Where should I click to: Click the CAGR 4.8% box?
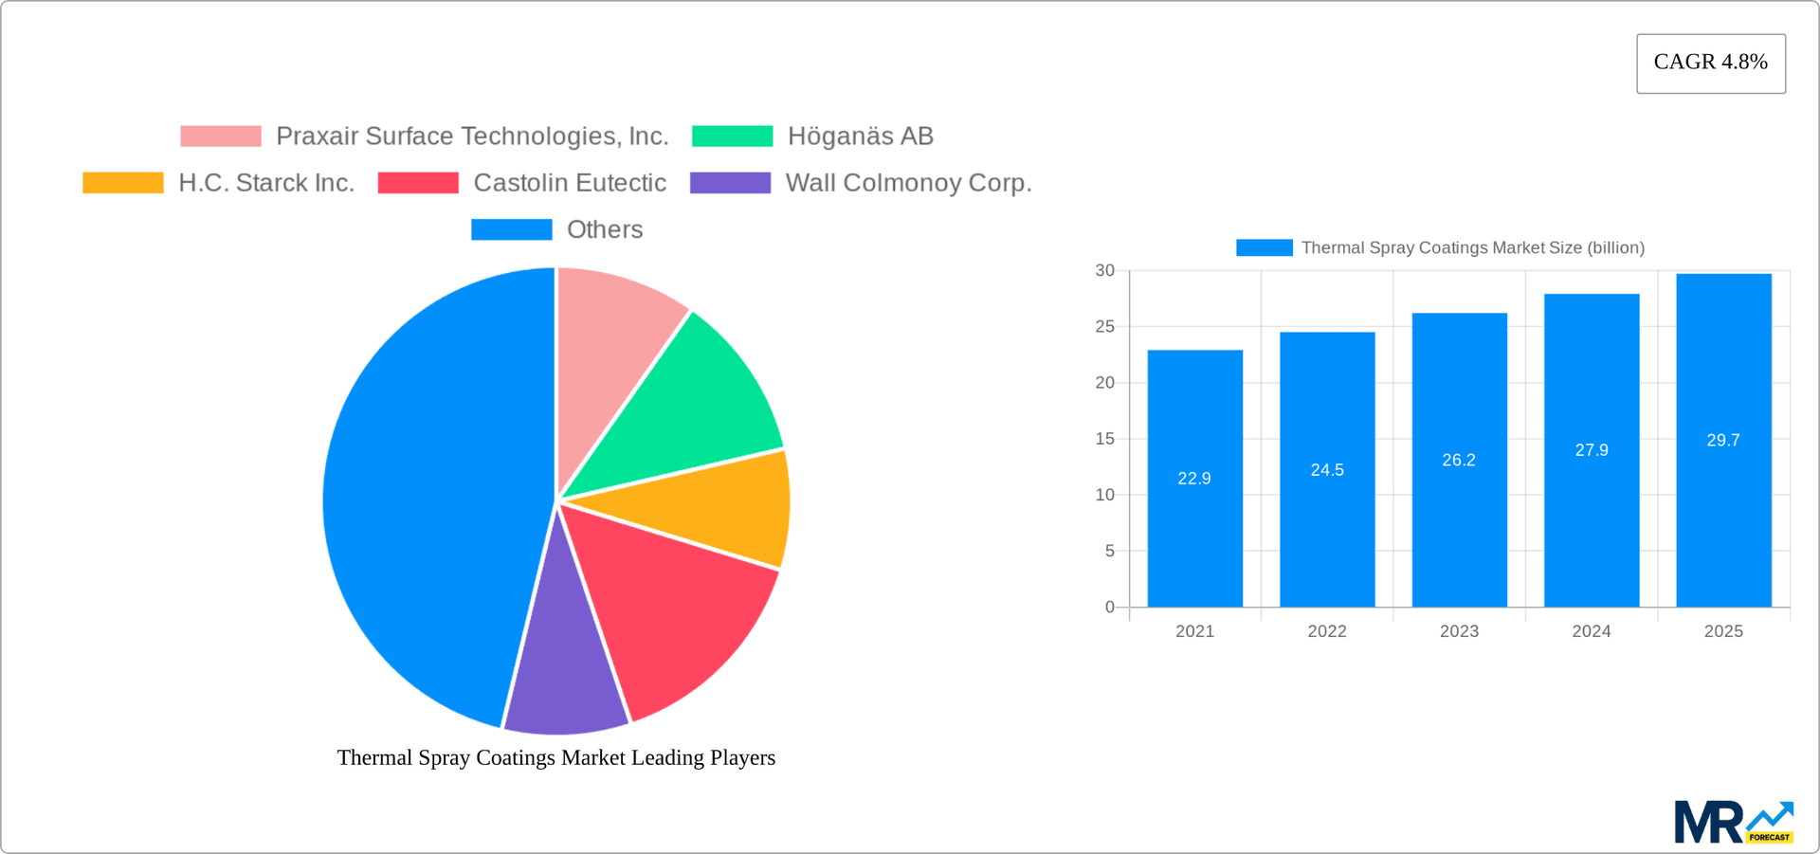[x=1710, y=64]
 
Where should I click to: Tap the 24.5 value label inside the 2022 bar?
[x=1327, y=470]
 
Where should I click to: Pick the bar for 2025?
[x=1723, y=531]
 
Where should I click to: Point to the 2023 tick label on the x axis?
[x=1459, y=631]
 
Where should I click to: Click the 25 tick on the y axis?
[x=1105, y=327]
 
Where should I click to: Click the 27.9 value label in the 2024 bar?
[x=1592, y=450]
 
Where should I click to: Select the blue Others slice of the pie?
[x=427, y=493]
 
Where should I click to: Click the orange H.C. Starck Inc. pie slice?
[x=720, y=507]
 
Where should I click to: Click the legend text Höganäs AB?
[x=860, y=136]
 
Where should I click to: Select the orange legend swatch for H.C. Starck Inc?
[x=123, y=183]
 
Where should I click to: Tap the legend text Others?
[x=604, y=230]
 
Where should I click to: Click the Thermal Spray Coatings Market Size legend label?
[x=1472, y=248]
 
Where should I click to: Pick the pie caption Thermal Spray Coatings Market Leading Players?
[x=555, y=758]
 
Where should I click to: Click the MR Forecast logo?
[x=1733, y=822]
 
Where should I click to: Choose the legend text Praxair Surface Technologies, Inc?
[x=472, y=136]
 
